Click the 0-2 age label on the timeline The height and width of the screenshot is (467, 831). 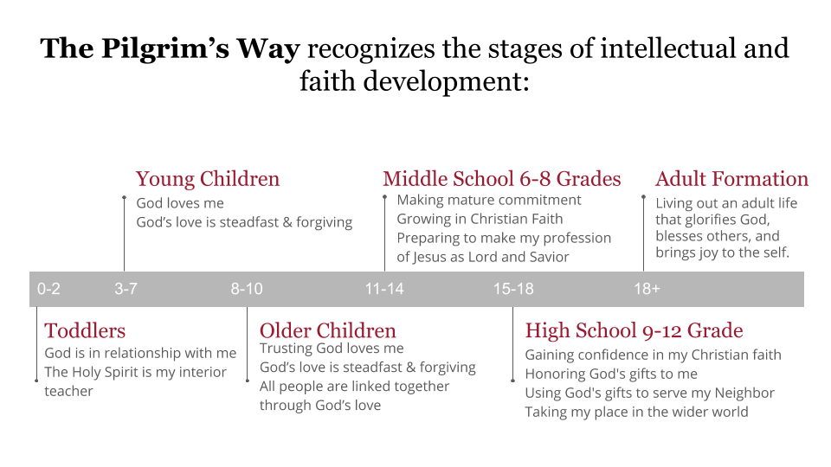click(x=48, y=289)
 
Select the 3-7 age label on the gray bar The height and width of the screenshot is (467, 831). click(x=126, y=289)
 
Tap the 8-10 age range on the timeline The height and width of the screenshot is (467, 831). click(x=247, y=289)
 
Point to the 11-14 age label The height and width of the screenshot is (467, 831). click(x=384, y=289)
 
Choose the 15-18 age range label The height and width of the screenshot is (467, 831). click(x=513, y=289)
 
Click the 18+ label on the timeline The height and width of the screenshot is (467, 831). click(x=647, y=289)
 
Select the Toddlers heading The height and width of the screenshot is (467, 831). click(x=85, y=331)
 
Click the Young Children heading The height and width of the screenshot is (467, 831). click(x=208, y=180)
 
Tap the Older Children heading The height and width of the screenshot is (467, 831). click(x=327, y=331)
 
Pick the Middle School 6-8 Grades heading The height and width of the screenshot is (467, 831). click(x=502, y=179)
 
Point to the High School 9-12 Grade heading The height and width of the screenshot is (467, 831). click(x=634, y=331)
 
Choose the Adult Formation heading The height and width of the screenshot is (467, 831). click(x=732, y=179)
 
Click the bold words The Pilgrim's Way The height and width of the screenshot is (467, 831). click(x=171, y=48)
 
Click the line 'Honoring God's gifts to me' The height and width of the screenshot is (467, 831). click(x=611, y=374)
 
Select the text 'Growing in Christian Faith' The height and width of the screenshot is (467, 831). click(x=480, y=219)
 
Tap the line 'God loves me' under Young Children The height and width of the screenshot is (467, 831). click(x=180, y=203)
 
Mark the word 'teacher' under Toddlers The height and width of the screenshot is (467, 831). click(x=68, y=391)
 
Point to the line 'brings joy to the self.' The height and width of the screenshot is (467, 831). click(x=722, y=253)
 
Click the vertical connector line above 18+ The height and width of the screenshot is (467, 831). click(x=643, y=233)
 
